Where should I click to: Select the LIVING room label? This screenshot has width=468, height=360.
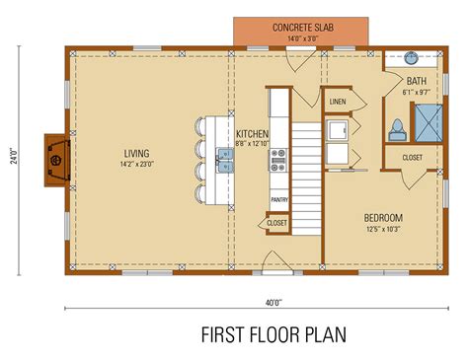(136, 153)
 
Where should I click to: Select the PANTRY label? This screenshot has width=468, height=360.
(278, 199)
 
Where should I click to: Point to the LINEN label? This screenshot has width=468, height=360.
(338, 102)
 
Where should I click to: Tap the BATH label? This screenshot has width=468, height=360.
(416, 80)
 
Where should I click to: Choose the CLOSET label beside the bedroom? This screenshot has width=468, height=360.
(413, 157)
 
